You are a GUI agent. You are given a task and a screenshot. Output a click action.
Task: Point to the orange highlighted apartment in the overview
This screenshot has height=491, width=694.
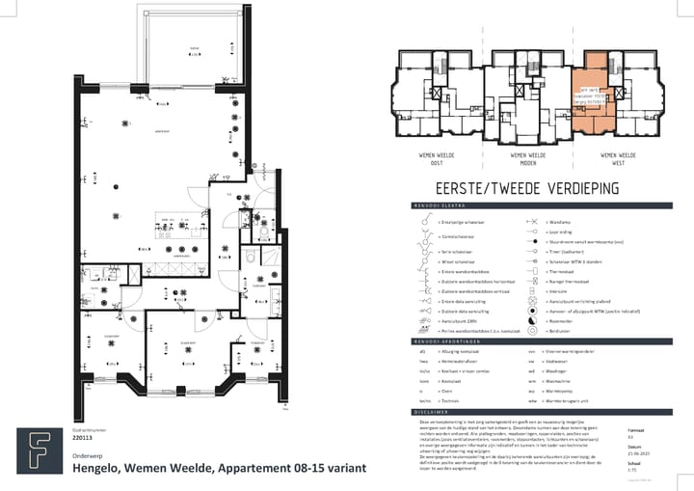coord(590,96)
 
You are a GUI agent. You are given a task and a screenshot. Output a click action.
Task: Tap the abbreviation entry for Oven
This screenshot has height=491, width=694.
coord(446,391)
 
